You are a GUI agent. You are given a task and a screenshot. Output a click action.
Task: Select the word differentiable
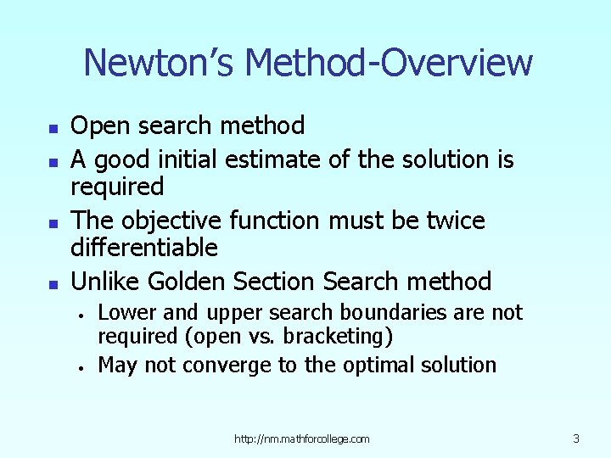[144, 249]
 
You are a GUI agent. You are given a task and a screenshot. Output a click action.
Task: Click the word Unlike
[106, 281]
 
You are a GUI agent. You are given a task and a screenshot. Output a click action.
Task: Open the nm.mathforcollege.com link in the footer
[302, 438]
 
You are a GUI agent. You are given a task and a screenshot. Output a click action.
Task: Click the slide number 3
[576, 438]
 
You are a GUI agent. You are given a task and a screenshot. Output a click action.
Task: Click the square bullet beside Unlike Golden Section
[53, 283]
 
